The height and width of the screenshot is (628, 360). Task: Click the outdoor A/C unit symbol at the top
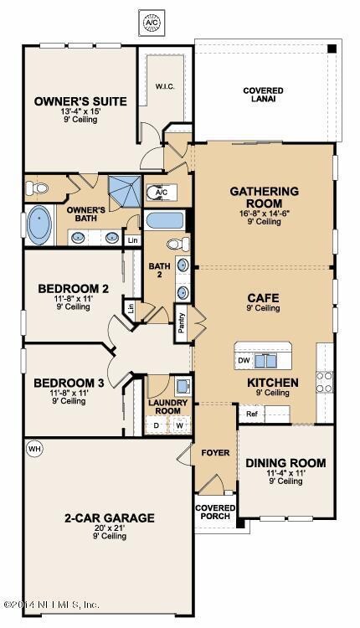[152, 23]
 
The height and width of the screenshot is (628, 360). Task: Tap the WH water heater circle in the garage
[34, 449]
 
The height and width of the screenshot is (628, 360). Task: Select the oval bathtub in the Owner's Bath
[39, 224]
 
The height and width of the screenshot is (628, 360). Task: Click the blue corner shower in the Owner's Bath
[125, 192]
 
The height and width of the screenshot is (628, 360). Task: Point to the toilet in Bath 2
[178, 243]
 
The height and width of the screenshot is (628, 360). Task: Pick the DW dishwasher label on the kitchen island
[244, 360]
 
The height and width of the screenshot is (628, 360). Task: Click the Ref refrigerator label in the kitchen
[251, 414]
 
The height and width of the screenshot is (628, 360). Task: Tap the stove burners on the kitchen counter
[324, 382]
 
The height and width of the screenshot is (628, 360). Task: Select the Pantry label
[182, 323]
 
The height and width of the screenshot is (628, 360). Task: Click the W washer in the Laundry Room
[179, 425]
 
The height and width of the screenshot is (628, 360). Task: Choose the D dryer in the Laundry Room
[157, 425]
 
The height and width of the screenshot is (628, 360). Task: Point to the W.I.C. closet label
[165, 86]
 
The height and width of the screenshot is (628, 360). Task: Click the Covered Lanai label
[263, 95]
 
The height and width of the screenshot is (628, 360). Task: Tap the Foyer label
[215, 452]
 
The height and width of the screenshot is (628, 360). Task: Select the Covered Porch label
[215, 512]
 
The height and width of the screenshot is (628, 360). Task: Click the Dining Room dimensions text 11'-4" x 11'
[286, 472]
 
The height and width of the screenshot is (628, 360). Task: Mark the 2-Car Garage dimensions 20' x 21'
[109, 528]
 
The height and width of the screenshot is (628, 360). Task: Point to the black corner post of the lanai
[332, 49]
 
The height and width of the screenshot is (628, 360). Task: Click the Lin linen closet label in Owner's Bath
[132, 240]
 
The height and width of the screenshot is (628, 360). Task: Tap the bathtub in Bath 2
[165, 220]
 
